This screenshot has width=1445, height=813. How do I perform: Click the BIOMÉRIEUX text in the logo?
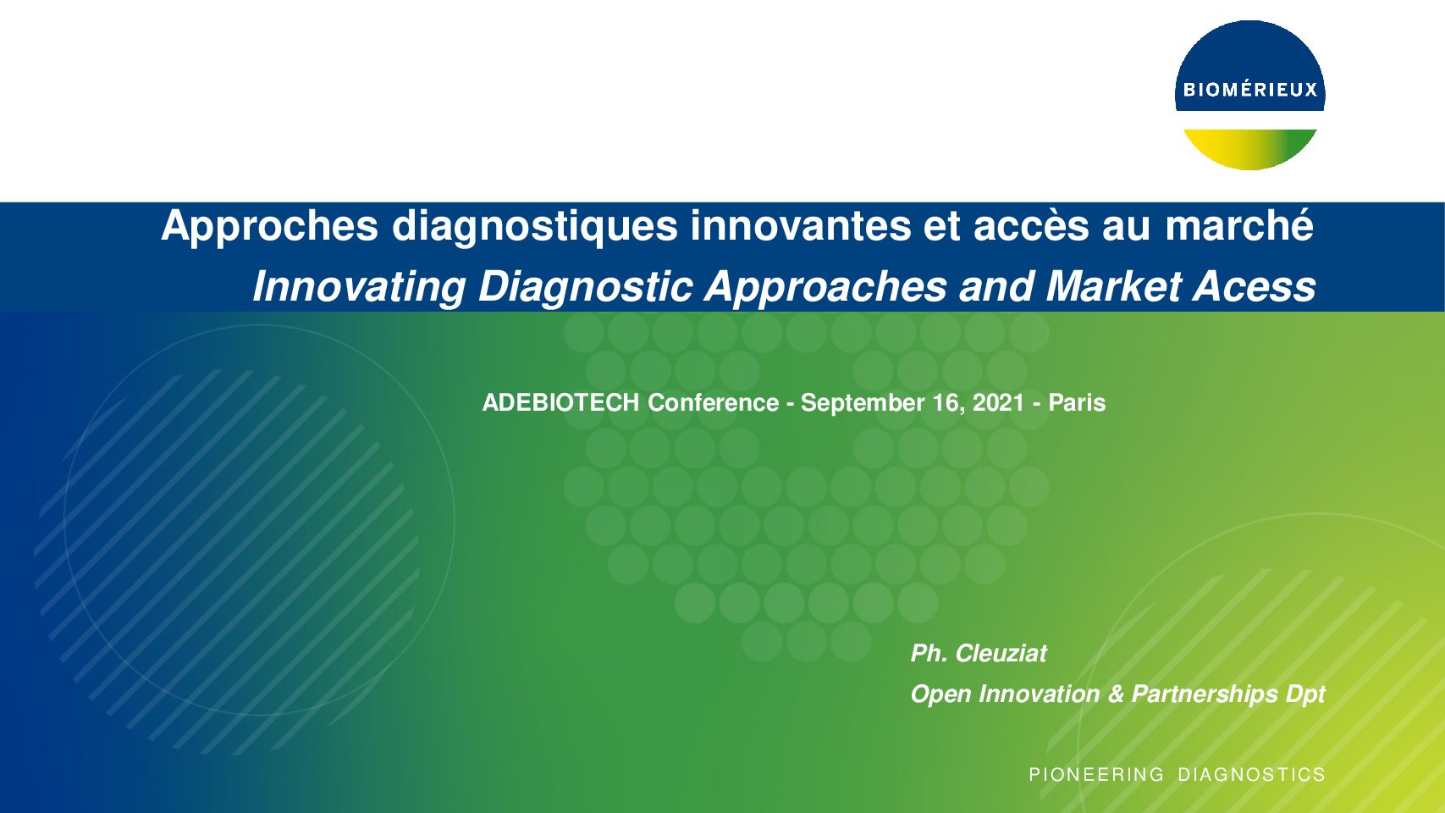click(x=1250, y=89)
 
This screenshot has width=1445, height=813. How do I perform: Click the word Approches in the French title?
click(x=270, y=226)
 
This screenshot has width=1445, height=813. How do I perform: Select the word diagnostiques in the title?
click(x=535, y=226)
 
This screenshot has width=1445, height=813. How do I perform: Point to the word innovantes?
click(x=801, y=225)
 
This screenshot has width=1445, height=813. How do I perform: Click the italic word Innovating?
click(x=359, y=286)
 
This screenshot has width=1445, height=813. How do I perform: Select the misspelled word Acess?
click(x=1254, y=286)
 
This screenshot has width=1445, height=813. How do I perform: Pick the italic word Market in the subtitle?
click(x=1113, y=286)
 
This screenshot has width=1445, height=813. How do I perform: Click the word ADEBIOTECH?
click(x=560, y=402)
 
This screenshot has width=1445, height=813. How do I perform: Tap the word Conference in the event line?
click(x=714, y=402)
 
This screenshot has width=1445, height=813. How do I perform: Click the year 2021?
click(x=999, y=402)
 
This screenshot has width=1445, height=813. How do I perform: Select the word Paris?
click(x=1077, y=402)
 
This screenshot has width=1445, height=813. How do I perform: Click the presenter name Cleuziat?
click(x=1001, y=654)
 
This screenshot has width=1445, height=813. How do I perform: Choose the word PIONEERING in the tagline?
click(x=1096, y=774)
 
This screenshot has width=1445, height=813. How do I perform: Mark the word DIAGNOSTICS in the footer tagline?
click(x=1251, y=774)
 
